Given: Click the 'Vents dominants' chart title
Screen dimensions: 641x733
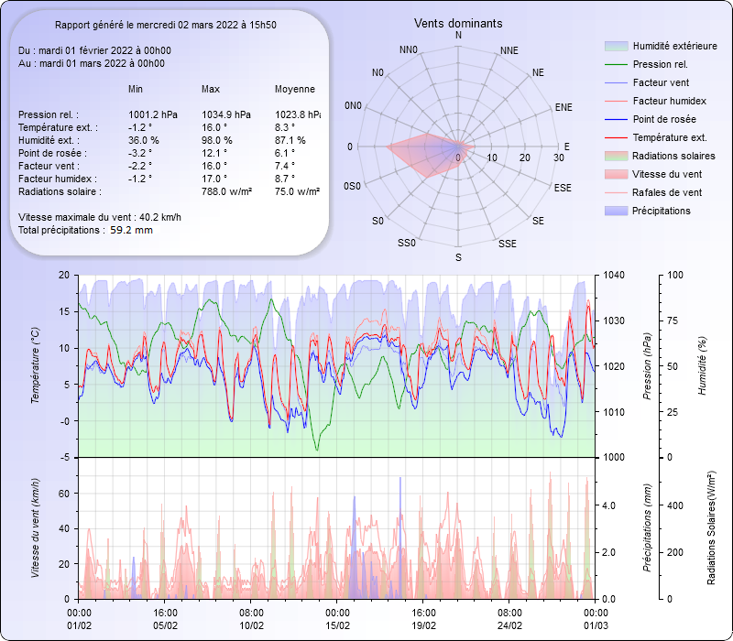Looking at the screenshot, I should click(x=458, y=23).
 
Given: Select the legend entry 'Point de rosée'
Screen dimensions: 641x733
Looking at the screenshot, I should click(x=663, y=120).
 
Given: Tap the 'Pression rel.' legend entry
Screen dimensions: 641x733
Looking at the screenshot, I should click(x=660, y=65).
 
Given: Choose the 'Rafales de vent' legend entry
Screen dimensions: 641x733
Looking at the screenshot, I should click(x=667, y=193).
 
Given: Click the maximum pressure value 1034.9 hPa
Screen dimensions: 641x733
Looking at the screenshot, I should click(x=225, y=114).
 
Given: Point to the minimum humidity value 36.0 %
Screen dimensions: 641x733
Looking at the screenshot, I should click(x=144, y=140).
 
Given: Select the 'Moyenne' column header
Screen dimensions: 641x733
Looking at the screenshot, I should click(x=295, y=89).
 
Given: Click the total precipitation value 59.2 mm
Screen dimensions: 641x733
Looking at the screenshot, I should click(x=131, y=231).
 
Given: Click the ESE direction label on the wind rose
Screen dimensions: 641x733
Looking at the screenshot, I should click(x=563, y=187).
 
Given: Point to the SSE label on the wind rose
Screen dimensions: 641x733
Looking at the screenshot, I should click(x=507, y=244).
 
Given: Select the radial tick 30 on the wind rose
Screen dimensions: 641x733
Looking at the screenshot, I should click(x=559, y=158).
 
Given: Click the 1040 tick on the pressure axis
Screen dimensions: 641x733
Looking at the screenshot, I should click(x=613, y=275).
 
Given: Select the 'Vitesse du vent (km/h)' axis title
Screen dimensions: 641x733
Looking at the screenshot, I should click(x=36, y=528).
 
